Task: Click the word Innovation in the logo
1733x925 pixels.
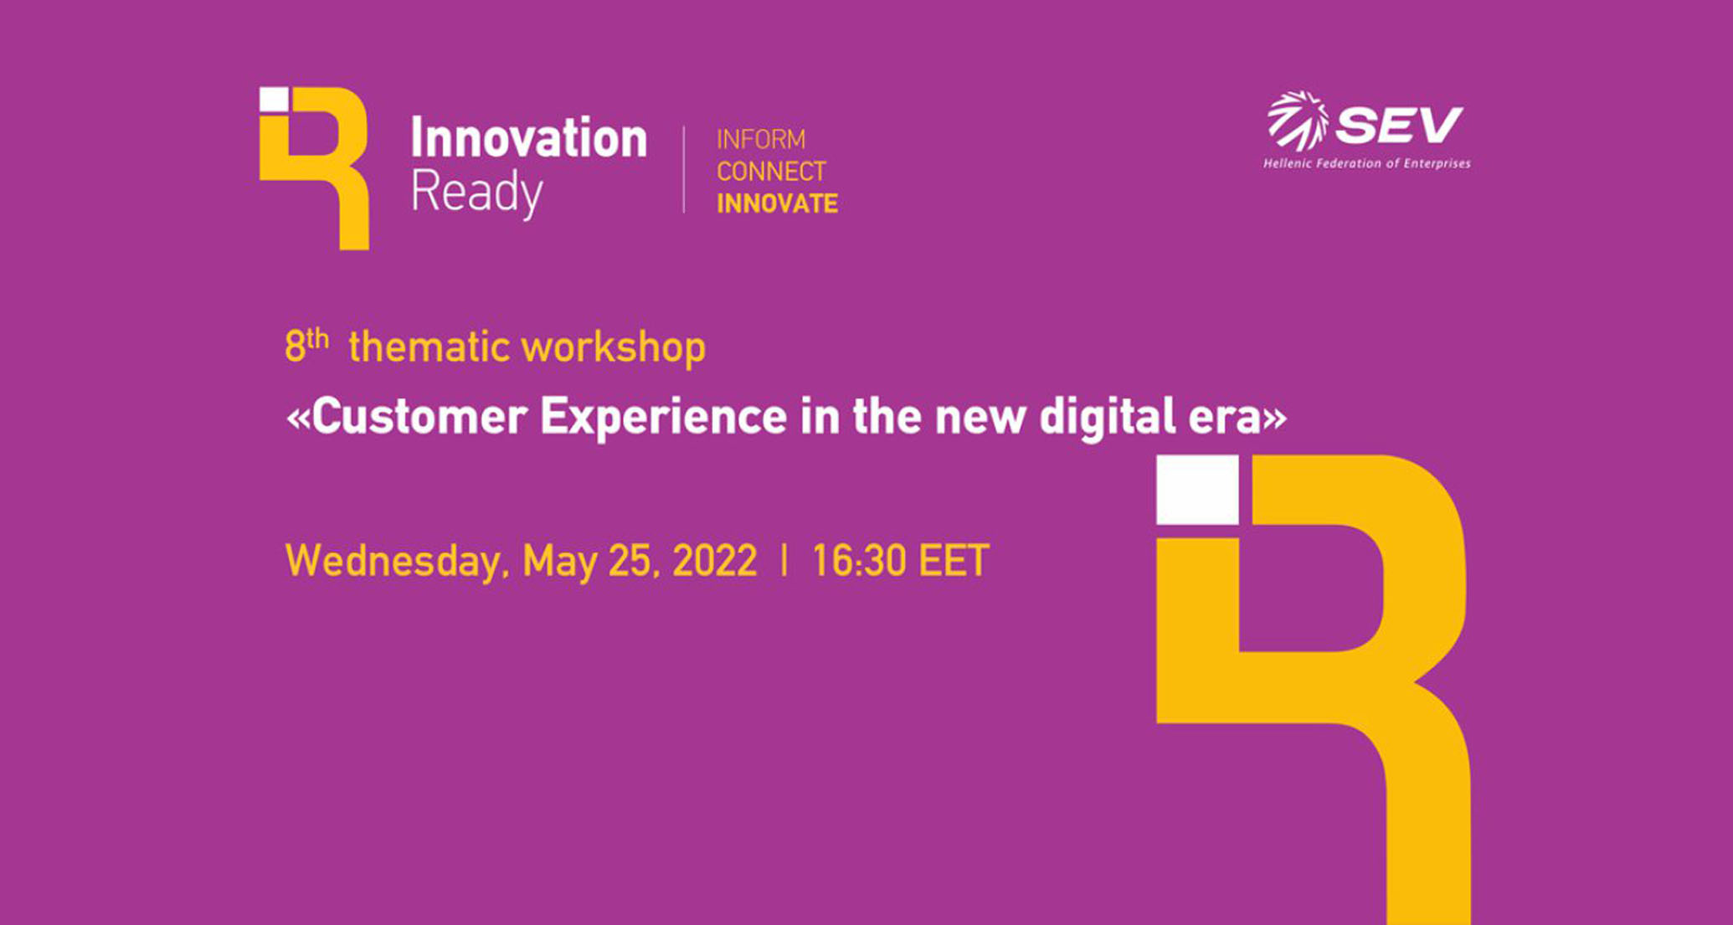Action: tap(528, 137)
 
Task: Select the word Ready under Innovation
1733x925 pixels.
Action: tap(477, 193)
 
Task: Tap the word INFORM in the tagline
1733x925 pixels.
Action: tap(761, 139)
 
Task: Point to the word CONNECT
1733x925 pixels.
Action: tap(772, 172)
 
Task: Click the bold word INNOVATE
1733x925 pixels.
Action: tap(778, 203)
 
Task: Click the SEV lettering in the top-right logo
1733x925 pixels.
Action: tap(1399, 126)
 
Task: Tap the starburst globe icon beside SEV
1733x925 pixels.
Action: tap(1298, 121)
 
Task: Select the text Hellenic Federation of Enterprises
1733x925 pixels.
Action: tap(1366, 163)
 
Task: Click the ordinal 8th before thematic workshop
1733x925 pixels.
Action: tap(306, 345)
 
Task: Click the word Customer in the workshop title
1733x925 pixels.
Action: tap(419, 416)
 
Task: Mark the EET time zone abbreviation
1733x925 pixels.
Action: tap(954, 561)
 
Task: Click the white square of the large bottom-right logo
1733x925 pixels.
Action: tap(1197, 490)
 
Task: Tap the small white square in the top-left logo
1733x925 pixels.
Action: tap(274, 99)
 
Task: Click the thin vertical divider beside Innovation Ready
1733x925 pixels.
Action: tap(684, 170)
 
